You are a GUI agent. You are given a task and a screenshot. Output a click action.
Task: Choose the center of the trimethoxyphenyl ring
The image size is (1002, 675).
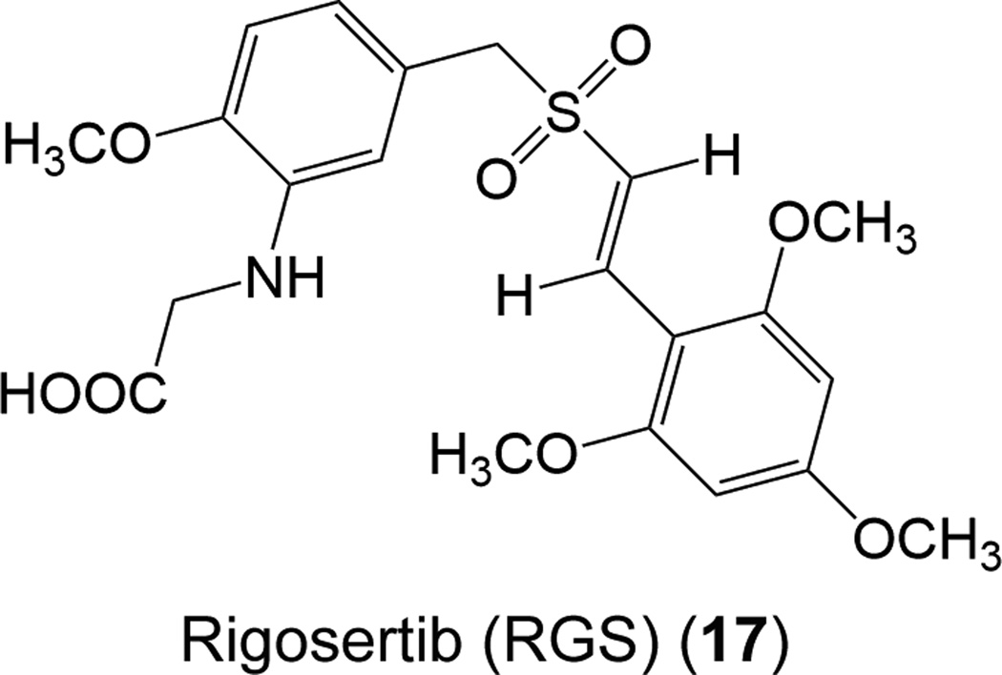coord(743,410)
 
